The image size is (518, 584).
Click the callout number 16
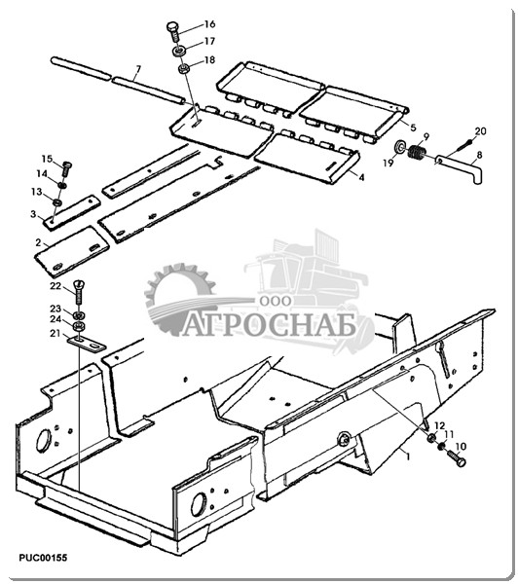(209, 24)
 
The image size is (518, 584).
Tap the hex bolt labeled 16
(173, 32)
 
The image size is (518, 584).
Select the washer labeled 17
(179, 51)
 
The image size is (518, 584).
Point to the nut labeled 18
(183, 68)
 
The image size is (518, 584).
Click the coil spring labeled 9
(418, 153)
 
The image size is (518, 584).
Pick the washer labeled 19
(400, 146)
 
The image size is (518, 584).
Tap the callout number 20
(480, 131)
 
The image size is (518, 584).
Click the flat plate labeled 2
(72, 252)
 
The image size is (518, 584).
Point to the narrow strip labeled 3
(71, 211)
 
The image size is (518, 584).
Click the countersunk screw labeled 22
(80, 292)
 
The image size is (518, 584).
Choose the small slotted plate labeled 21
(87, 344)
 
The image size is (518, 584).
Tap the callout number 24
(55, 319)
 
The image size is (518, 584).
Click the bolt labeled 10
(456, 457)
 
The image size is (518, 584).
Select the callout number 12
(440, 425)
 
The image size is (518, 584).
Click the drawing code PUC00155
(43, 558)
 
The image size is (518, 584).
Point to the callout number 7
(138, 69)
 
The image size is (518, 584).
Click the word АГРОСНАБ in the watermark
(270, 327)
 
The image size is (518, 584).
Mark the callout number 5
(413, 128)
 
